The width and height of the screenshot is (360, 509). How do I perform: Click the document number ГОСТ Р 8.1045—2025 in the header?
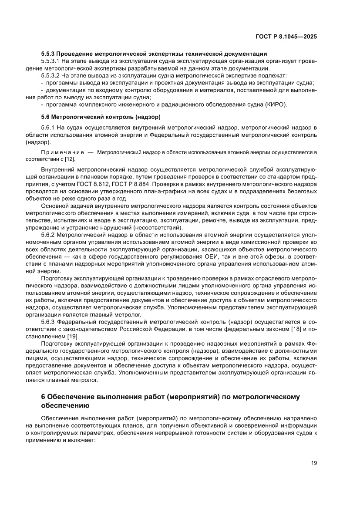pyautogui.click(x=286, y=37)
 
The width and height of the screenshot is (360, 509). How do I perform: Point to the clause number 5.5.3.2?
pyautogui.click(x=51, y=76)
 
